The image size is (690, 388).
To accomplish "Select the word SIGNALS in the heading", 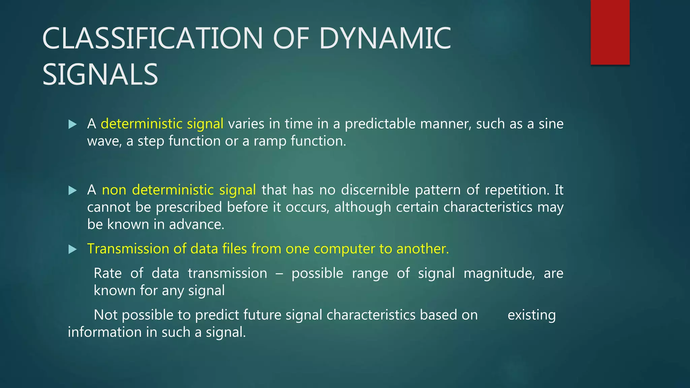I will [x=100, y=74].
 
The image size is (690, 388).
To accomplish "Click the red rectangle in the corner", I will [x=610, y=32].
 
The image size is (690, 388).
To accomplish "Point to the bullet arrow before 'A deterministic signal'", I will [x=72, y=125].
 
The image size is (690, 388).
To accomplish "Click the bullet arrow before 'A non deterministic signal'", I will [x=72, y=191].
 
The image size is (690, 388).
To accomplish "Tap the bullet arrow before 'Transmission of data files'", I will [x=72, y=250].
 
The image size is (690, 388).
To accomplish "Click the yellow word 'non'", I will [x=114, y=190].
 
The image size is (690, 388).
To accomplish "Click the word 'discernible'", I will [x=375, y=190].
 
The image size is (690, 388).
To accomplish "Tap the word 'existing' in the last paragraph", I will [x=531, y=315].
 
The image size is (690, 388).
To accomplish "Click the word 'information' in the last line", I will [x=104, y=332].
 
